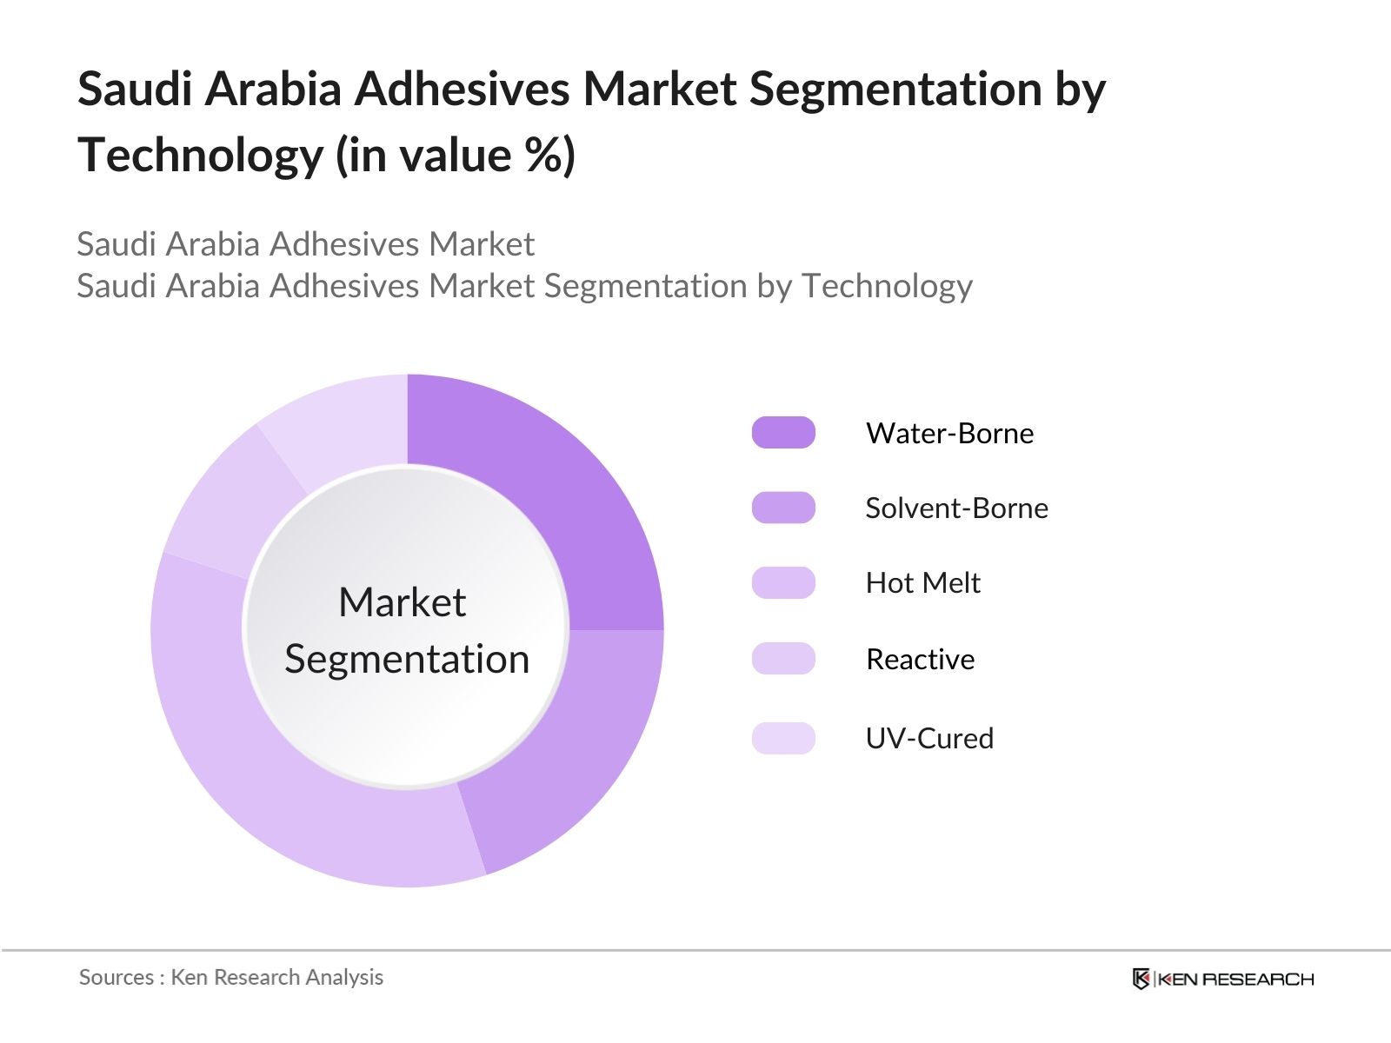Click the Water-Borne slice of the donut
(x=556, y=487)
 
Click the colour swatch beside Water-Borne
(x=783, y=433)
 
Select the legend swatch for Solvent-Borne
(x=783, y=508)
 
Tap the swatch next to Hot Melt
(x=783, y=583)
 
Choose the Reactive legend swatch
(x=783, y=659)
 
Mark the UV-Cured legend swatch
(x=783, y=738)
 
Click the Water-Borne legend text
(x=949, y=433)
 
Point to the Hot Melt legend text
(x=922, y=583)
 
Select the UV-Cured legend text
(x=929, y=738)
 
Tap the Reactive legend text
(x=920, y=659)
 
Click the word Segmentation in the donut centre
(x=407, y=659)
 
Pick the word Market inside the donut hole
(x=402, y=602)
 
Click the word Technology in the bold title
(x=200, y=156)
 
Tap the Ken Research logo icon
(x=1141, y=979)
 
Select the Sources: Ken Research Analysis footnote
(x=230, y=977)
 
